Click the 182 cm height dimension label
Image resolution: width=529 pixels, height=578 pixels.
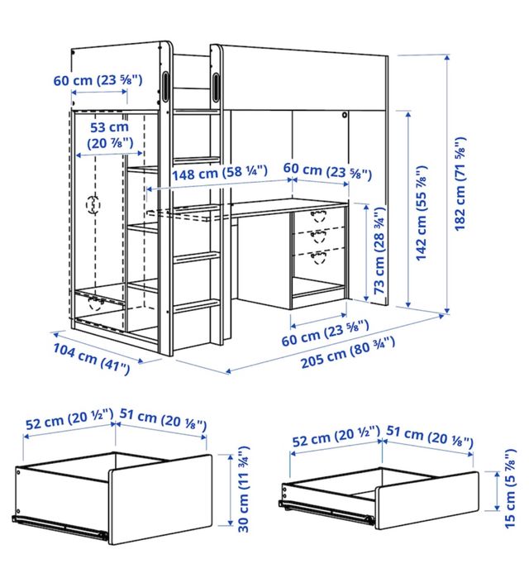pos(460,181)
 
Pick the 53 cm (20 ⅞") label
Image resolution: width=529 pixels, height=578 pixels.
pos(109,136)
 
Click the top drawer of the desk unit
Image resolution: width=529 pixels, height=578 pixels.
pos(317,218)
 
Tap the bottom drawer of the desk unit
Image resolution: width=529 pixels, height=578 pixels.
pos(317,258)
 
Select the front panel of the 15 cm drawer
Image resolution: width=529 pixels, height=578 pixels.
pos(428,499)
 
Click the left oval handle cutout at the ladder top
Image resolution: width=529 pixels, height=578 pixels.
pos(168,85)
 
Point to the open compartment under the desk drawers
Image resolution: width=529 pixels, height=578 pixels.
pos(318,289)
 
